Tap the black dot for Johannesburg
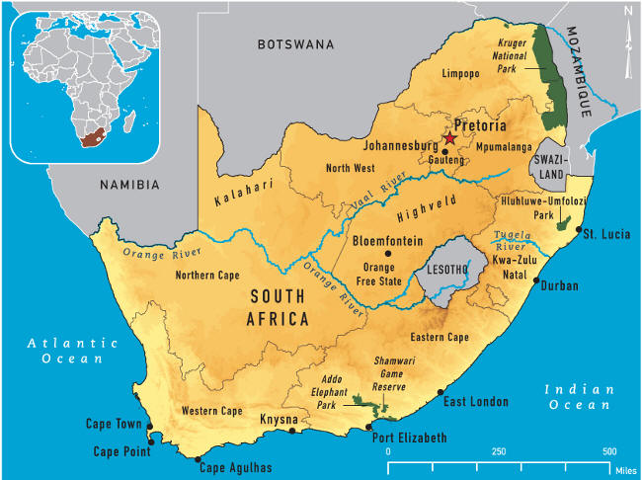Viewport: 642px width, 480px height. pos(444,152)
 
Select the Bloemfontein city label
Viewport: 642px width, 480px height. pos(389,240)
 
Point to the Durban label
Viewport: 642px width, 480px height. pos(559,286)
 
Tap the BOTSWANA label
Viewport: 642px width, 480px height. pos(295,44)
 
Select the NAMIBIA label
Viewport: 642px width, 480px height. pos(129,185)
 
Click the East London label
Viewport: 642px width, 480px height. pos(476,402)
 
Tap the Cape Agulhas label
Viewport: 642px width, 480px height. pos(236,468)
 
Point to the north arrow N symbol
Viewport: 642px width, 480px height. pos(626,12)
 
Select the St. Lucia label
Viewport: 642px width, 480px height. pos(602,234)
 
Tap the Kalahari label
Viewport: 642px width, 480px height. pos(243,188)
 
